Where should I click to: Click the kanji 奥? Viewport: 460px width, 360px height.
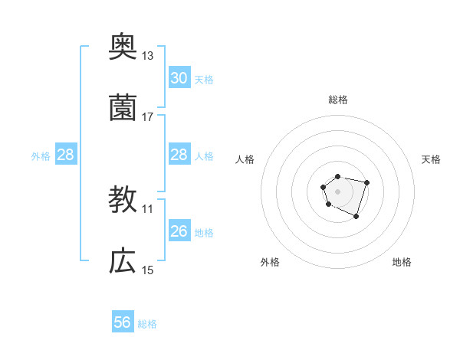tap(123, 47)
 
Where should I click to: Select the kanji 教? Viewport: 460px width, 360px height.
tap(123, 200)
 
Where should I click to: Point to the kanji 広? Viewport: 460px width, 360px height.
tap(123, 261)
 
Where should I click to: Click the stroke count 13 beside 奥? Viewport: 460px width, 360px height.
tap(148, 56)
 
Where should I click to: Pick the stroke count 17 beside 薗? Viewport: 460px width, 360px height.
tap(148, 117)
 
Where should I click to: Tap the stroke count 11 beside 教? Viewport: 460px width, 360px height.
tap(148, 208)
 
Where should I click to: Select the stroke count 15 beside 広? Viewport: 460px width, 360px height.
tap(148, 270)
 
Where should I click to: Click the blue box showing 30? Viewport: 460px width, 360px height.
tap(179, 78)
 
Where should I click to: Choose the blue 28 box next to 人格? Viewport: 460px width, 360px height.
tap(179, 155)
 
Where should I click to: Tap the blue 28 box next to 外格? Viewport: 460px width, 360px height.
tap(66, 155)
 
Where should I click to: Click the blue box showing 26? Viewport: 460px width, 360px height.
tap(179, 231)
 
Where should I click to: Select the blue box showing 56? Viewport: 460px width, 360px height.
tap(123, 322)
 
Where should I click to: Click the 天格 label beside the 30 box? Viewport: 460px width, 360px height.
tap(204, 79)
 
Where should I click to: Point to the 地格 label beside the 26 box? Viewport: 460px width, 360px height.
tap(204, 232)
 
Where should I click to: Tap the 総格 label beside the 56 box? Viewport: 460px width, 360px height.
tap(147, 324)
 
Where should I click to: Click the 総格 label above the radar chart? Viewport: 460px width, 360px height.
tap(338, 100)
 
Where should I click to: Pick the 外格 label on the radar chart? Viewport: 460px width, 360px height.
tap(270, 262)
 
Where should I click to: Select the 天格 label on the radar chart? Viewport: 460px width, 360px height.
tap(432, 159)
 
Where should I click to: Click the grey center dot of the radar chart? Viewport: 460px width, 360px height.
tap(337, 190)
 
